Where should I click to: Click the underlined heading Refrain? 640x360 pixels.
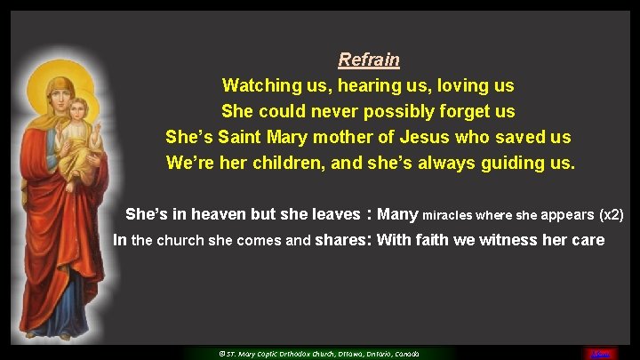(369, 60)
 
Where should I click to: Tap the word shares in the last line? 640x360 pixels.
(341, 240)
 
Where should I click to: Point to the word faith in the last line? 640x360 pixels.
(429, 240)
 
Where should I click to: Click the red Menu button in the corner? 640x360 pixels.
(601, 352)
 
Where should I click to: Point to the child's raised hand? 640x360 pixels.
(99, 133)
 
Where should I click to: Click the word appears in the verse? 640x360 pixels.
(565, 215)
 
